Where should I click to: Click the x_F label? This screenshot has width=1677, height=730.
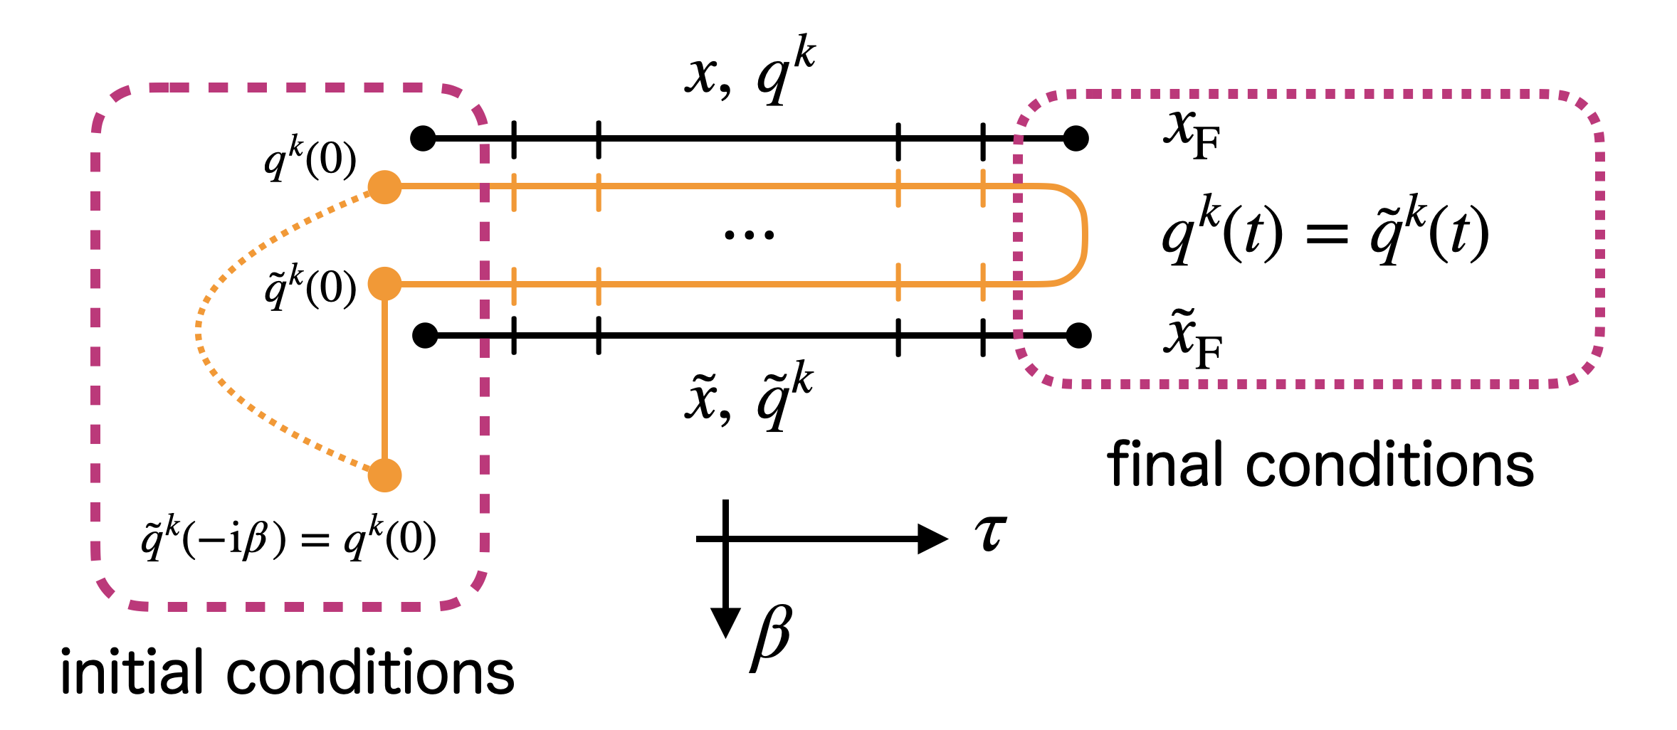coord(1191,135)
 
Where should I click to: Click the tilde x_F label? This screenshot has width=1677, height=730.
coord(1192,340)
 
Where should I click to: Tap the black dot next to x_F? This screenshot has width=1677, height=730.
coord(1076,138)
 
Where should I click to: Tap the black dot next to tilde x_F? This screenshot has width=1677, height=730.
coord(1078,335)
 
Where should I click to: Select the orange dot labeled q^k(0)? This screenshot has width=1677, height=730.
coord(385,187)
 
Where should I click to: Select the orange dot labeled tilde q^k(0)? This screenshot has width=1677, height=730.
coord(385,284)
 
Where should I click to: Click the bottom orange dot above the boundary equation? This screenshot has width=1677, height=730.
coord(385,475)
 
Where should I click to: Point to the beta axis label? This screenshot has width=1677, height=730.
coord(772,635)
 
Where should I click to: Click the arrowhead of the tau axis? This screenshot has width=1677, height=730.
coord(932,539)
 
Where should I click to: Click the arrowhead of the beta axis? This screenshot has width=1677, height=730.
coord(725,623)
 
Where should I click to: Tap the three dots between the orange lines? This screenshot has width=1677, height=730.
coord(749,235)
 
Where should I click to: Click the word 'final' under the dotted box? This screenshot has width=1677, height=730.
coord(1167,465)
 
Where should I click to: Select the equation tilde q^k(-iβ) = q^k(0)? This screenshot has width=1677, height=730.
coord(288,539)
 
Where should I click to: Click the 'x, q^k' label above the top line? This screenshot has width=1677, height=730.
coord(749,71)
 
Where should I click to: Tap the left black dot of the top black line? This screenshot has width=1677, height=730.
coord(424,138)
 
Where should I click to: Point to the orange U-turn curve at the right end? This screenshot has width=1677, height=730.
coord(1084,235)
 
